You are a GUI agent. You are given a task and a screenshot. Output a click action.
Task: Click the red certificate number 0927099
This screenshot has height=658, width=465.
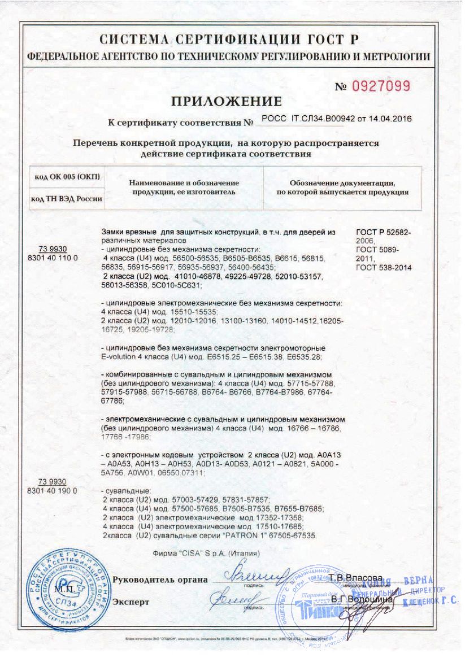(x=382, y=86)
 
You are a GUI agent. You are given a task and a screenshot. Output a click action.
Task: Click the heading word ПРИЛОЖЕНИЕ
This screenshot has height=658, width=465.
(x=225, y=102)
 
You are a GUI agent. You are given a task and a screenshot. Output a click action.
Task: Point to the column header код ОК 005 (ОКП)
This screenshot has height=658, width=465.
(x=67, y=177)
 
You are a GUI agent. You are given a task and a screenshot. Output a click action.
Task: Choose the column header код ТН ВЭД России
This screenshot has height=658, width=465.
(x=67, y=198)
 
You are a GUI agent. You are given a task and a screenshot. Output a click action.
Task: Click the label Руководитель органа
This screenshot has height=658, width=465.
(x=160, y=581)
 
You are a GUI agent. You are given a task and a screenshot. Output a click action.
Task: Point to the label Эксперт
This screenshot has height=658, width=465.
(x=131, y=602)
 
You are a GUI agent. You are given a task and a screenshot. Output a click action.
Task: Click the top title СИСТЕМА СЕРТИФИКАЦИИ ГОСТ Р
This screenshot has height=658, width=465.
(x=229, y=40)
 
